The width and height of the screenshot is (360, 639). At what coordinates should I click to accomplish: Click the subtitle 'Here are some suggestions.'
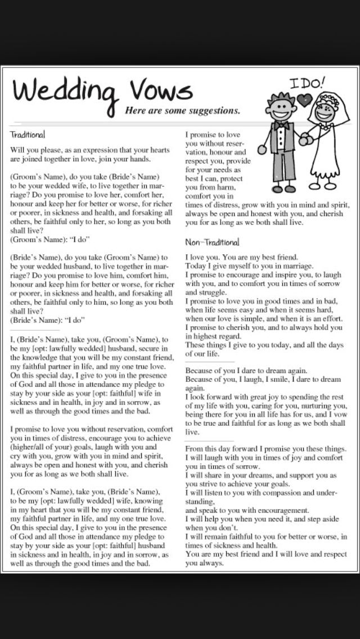pos(182,111)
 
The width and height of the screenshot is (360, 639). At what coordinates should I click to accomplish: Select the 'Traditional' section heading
pos(28,135)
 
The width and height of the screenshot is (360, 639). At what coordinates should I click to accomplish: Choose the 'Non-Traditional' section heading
pos(212,242)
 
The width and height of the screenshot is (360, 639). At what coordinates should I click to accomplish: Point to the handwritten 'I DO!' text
pos(307,84)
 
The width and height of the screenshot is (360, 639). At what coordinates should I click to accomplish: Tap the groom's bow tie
pos(281,124)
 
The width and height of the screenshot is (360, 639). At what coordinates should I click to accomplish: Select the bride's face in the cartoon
pos(326,110)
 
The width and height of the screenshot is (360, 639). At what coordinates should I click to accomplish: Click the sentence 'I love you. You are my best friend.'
pos(242,256)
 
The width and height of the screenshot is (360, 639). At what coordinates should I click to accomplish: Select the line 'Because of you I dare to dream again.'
pos(246,371)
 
